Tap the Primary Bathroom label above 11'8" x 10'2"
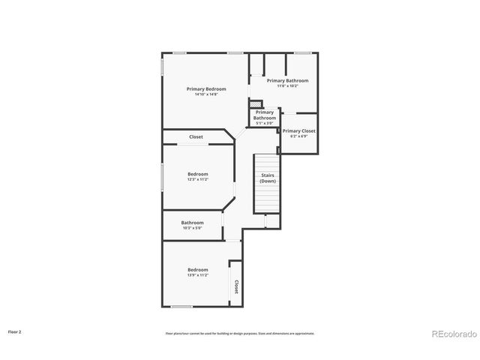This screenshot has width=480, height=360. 287,80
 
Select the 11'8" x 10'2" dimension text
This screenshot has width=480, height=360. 287,85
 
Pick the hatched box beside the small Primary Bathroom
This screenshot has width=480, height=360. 256,104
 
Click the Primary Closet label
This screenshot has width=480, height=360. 298,130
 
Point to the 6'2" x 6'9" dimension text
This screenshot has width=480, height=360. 298,136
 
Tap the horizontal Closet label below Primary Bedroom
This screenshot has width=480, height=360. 196,137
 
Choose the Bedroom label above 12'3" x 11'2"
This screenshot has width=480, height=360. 198,174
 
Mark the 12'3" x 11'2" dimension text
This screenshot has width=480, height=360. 198,179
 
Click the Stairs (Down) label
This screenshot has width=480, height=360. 268,178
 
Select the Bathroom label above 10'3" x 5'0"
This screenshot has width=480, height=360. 192,222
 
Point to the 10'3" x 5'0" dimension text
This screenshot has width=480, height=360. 192,227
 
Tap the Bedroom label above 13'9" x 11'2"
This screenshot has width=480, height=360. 198,270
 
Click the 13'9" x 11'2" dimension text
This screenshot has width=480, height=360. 198,275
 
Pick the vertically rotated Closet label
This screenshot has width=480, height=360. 236,286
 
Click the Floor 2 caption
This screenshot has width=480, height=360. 15,331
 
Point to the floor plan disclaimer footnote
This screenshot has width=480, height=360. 240,333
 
